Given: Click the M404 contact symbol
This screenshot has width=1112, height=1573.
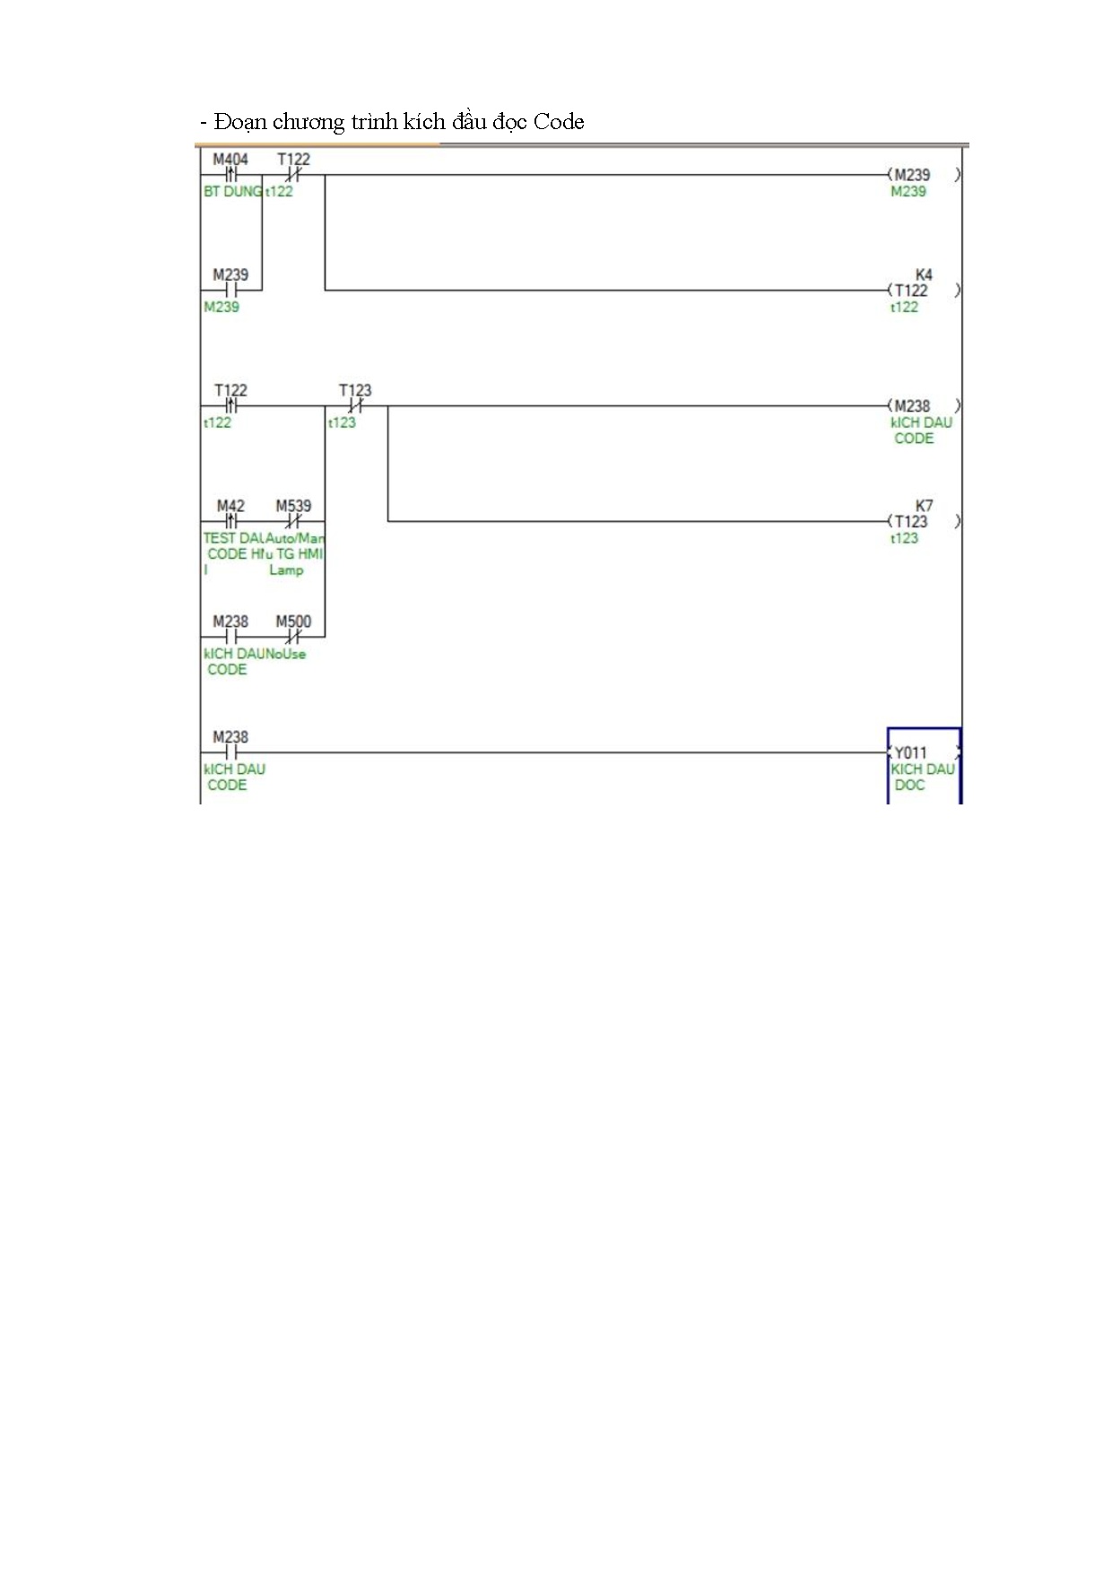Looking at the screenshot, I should click(x=230, y=175).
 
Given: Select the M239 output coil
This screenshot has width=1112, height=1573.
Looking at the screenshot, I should click(x=912, y=175).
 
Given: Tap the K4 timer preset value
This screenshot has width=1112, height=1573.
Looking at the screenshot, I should click(x=924, y=274).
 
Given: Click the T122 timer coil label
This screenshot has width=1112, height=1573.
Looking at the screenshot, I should click(x=910, y=291).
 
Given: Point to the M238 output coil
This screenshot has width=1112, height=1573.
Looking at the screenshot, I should click(x=912, y=406).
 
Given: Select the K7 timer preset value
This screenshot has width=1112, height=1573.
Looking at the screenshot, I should click(x=924, y=506).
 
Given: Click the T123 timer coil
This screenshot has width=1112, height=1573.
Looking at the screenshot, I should click(x=910, y=522).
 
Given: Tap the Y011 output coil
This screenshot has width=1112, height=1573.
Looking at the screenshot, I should click(x=910, y=753).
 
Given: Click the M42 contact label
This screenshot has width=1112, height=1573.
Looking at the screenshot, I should click(x=230, y=506).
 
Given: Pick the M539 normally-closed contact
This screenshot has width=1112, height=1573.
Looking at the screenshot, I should click(x=293, y=521).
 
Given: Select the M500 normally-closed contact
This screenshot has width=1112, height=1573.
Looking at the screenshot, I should click(x=293, y=637).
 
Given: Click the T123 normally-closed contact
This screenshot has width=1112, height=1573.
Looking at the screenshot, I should click(x=355, y=406).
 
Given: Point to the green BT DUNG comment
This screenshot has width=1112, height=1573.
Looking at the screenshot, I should click(x=232, y=191).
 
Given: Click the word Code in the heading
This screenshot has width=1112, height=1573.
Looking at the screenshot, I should click(x=558, y=122).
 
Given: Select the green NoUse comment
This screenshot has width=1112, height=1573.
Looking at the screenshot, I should click(x=286, y=654).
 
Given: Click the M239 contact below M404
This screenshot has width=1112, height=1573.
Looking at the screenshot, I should click(x=230, y=290).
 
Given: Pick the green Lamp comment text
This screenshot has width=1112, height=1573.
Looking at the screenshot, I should click(x=286, y=569).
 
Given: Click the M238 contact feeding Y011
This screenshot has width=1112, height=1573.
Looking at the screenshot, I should click(x=230, y=752).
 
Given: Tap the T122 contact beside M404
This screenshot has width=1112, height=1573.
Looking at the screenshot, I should click(x=293, y=175).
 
